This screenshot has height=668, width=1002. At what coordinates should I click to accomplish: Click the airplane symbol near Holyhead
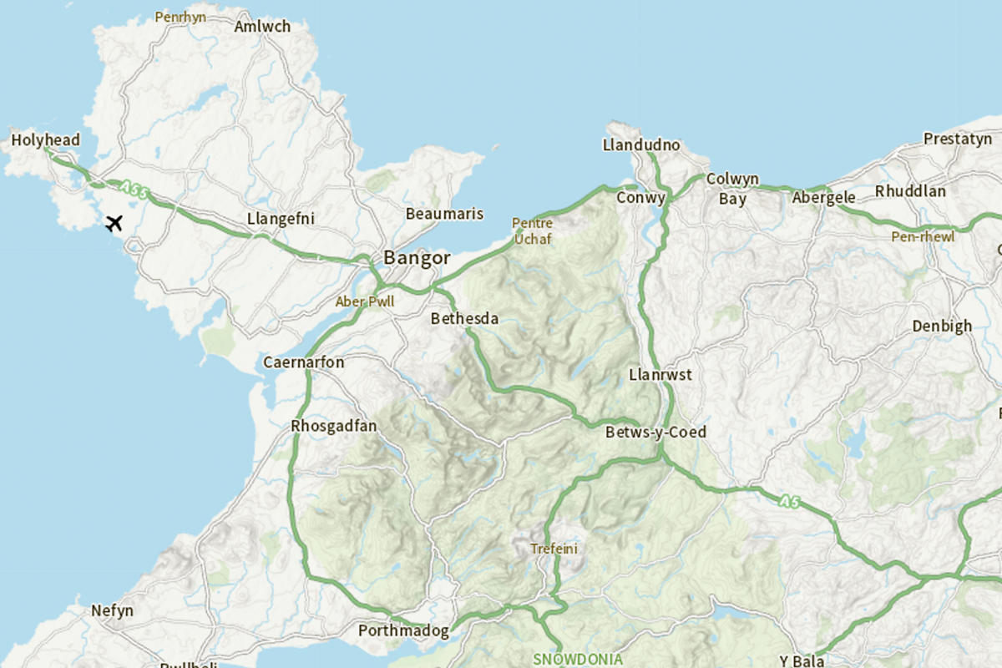click(114, 223)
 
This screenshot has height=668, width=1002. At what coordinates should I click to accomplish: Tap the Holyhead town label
click(46, 139)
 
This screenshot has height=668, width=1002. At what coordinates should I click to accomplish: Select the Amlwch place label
click(262, 27)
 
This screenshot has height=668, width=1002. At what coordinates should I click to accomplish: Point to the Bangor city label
click(417, 258)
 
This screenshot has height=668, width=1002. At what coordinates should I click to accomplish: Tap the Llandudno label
click(641, 145)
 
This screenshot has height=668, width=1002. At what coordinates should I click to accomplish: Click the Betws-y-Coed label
click(655, 432)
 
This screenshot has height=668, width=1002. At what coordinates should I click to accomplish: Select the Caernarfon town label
click(303, 362)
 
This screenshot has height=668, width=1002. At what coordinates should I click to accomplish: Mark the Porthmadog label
click(403, 630)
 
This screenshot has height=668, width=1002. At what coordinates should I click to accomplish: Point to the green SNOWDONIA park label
click(577, 659)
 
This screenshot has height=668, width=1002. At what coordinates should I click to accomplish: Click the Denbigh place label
click(942, 326)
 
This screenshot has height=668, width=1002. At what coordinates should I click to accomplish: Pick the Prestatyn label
click(957, 139)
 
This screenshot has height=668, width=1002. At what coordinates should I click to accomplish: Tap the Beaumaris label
click(444, 214)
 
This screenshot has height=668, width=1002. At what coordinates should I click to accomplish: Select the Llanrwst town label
click(660, 375)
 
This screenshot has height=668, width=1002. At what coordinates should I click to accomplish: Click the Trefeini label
click(554, 549)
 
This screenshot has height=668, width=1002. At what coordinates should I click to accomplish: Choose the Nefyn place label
click(112, 610)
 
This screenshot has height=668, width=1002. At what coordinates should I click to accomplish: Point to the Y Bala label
click(802, 660)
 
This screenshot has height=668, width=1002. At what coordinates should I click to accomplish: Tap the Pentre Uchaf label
click(533, 231)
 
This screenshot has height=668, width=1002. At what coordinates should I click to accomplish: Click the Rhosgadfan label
click(333, 427)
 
